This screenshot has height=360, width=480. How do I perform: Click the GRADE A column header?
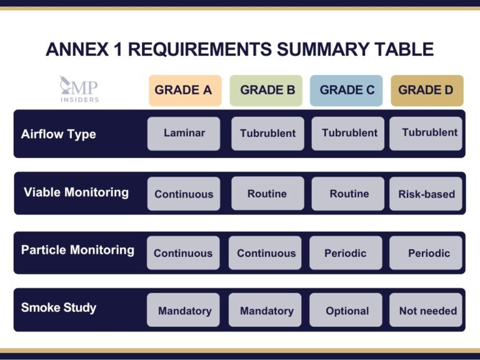click(183, 90)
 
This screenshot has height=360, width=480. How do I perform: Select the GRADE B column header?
click(267, 90)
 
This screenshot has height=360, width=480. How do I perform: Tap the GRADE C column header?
click(347, 90)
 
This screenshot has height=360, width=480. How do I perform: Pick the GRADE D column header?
click(427, 90)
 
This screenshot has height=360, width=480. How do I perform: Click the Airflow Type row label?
click(59, 134)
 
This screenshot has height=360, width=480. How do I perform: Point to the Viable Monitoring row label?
click(76, 192)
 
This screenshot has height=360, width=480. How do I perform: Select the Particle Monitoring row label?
click(77, 250)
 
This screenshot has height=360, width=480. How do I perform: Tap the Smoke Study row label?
click(59, 307)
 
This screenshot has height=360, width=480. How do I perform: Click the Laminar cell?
click(184, 133)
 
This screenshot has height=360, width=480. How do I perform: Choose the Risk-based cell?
click(426, 194)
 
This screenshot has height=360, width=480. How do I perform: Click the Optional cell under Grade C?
click(347, 311)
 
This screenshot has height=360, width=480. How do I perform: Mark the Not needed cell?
click(427, 311)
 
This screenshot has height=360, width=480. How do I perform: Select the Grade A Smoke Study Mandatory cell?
click(184, 311)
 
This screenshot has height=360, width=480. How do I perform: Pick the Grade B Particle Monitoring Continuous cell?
click(266, 253)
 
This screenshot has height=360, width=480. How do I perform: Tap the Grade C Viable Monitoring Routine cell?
click(349, 194)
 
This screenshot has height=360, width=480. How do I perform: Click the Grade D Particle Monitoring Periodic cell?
click(429, 253)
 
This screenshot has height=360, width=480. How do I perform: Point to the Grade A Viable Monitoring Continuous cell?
click(184, 194)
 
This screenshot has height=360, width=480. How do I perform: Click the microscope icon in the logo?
click(66, 83)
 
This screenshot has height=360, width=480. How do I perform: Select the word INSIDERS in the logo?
click(79, 99)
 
